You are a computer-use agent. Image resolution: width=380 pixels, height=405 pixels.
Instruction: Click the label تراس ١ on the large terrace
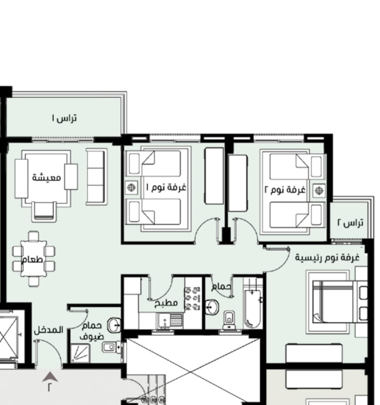coord(64,118)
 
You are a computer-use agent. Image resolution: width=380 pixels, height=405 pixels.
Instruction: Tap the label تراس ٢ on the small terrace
coord(351,222)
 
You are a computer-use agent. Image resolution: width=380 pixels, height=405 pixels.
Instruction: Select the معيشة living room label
coord(47,177)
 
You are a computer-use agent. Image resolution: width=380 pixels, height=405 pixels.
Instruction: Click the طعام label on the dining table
coord(32,259)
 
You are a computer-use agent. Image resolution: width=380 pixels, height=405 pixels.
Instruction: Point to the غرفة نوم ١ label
coord(166,187)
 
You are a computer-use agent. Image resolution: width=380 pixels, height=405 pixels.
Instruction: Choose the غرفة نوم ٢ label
coord(285,190)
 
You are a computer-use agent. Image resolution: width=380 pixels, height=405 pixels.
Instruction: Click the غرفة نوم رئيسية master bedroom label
coord(327,257)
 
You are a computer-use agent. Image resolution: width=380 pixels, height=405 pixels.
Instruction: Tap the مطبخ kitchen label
coord(166,303)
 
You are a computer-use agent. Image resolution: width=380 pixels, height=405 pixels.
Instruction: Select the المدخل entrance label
coord(49,330)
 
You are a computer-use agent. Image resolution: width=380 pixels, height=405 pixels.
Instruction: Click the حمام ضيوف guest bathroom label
coord(92,331)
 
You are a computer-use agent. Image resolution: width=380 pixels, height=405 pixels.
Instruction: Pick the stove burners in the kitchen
coord(192,298)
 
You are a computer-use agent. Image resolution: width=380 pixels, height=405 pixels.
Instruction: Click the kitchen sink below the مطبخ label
coord(170,321)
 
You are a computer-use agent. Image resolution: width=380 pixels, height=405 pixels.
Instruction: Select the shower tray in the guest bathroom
coord(80,353)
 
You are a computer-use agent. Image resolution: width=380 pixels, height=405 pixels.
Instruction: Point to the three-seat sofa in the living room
coord(96,177)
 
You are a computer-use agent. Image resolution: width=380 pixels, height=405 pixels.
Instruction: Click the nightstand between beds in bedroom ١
coord(132,187)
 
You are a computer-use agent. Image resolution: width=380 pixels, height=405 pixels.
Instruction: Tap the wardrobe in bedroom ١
coord(214,176)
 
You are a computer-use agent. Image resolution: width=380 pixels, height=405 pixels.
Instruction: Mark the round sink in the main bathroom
coord(211,307)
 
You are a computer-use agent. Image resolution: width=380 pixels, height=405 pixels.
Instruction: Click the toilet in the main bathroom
coord(229,320)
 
